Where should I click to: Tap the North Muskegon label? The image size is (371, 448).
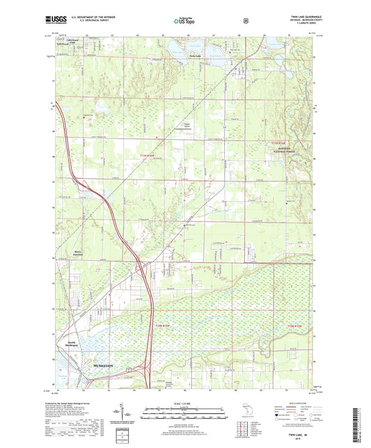(75, 344)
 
